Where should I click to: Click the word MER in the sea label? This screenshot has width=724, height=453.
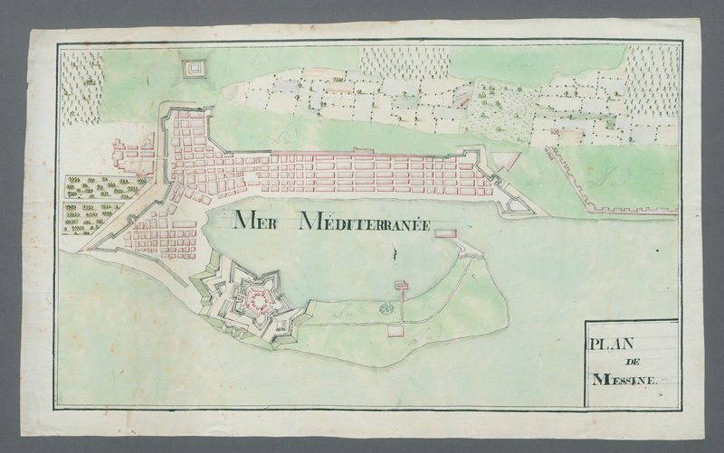pos(259,220)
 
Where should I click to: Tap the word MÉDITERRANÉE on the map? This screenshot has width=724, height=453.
pos(365,221)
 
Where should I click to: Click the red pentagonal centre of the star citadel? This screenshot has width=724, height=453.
pos(258,297)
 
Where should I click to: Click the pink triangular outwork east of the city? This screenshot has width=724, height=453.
pos(505,163)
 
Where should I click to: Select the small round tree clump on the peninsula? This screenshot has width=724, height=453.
pos(386,307)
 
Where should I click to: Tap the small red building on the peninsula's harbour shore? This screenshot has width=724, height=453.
pos(401,286)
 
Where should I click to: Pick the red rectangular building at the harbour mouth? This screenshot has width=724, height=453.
pos(446,234)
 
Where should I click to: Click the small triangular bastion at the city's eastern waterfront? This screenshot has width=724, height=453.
pos(519,207)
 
